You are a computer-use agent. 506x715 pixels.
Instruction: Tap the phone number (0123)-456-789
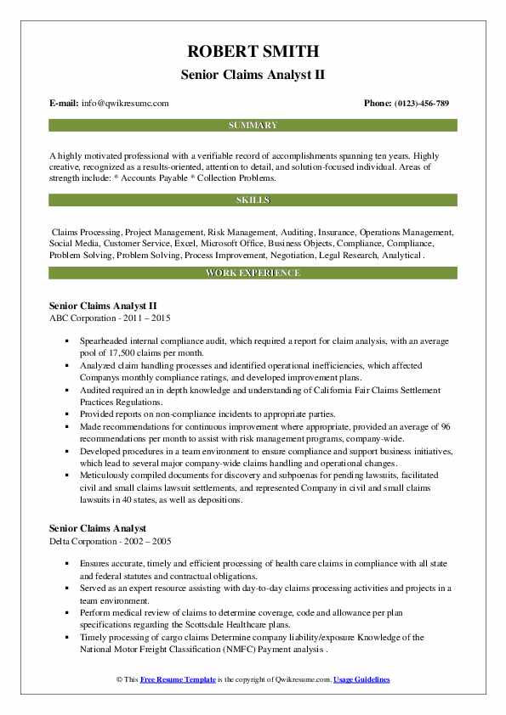tap(418, 104)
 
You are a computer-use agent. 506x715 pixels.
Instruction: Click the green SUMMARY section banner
tap(253, 125)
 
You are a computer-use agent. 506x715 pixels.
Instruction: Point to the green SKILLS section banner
tap(253, 200)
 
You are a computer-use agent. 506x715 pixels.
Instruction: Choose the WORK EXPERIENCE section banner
tap(253, 273)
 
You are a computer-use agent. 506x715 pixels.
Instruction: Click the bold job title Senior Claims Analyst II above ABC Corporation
tap(103, 305)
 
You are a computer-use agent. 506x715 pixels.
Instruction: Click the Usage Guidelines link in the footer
tap(361, 680)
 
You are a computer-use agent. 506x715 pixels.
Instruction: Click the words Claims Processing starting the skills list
tap(87, 231)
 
